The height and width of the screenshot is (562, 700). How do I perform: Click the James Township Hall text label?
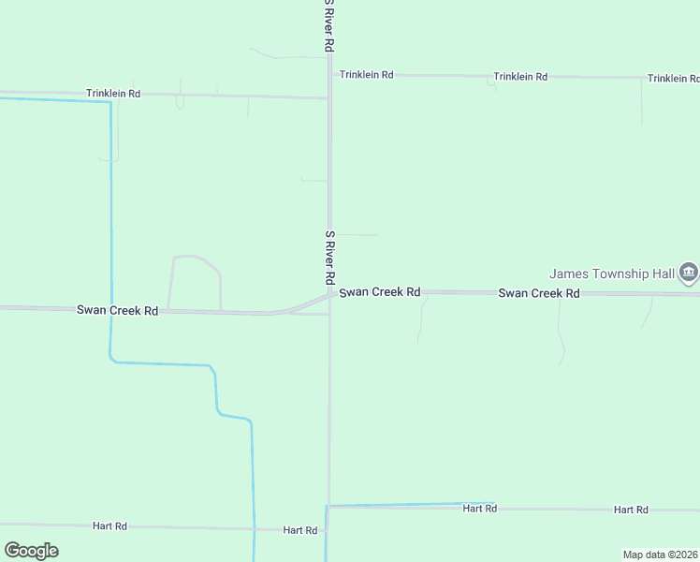coord(612,274)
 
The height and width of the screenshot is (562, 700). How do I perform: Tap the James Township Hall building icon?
coord(689,273)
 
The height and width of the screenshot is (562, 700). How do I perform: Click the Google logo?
coord(31,551)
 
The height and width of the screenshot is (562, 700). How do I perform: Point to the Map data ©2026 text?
coord(660,555)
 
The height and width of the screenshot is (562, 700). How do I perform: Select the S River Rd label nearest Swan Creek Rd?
coord(329,258)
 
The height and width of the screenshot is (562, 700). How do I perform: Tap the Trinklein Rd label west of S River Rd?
coord(112,94)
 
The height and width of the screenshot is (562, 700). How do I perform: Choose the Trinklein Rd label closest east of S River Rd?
coord(366,74)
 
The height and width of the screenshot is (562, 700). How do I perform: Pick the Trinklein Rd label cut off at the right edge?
coord(673,79)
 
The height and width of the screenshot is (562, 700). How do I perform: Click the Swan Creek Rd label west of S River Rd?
coord(117,310)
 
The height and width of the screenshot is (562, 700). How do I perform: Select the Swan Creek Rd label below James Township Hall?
coord(539,293)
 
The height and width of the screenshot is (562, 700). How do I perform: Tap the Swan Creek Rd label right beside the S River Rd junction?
coord(379,292)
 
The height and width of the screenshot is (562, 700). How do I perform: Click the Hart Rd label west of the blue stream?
coord(109,526)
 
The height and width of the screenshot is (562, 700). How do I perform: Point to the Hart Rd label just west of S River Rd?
coord(300,530)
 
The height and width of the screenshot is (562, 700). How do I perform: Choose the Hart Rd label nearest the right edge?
coord(631,510)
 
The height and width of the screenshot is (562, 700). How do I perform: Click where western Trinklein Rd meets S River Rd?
coord(328,97)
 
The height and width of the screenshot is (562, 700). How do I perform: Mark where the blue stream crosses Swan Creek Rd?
coord(110,309)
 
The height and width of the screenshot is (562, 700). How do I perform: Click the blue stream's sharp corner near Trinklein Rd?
coord(110,101)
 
